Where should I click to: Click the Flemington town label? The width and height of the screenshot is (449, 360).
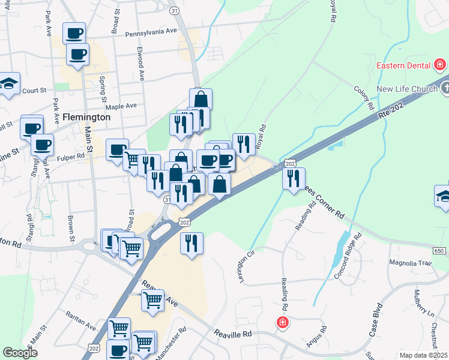tap(86, 118)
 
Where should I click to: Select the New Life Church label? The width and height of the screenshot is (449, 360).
tap(406, 89)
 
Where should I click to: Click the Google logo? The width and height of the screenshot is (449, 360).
tap(20, 353)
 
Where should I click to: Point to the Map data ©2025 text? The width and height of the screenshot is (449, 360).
tap(423, 355)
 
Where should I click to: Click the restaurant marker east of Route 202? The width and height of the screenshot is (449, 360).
tap(294, 179)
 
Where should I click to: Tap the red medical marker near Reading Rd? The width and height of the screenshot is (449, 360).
tap(282, 323)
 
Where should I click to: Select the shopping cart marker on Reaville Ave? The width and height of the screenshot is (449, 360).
tap(152, 299)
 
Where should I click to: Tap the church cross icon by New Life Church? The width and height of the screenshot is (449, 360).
tap(444, 89)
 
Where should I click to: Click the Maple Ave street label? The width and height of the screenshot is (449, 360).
tap(121, 106)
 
